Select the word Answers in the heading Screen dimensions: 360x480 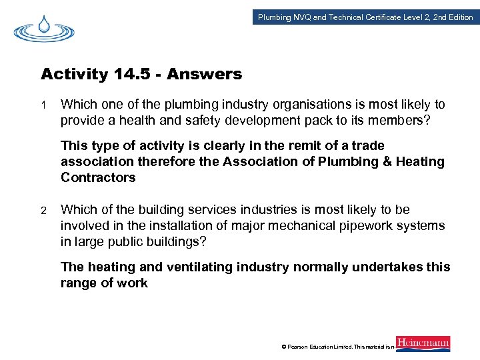click(205, 74)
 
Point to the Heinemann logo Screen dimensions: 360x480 click(423, 343)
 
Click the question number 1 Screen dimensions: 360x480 click(43, 105)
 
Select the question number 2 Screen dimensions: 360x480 click(43, 210)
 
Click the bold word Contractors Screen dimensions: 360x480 click(98, 177)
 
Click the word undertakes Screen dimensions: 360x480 click(389, 267)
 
